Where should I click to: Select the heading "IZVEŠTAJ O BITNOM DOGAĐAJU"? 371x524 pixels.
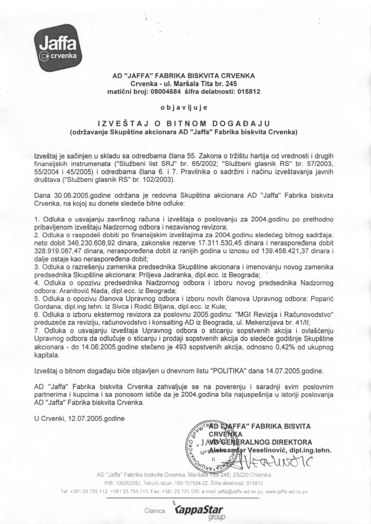pos(185,123)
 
